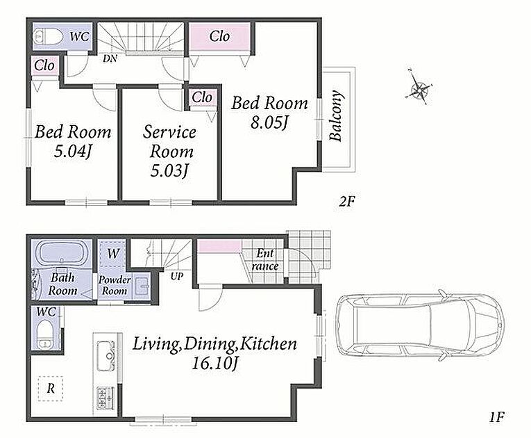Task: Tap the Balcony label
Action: tap(336, 115)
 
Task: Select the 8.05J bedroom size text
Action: tap(269, 122)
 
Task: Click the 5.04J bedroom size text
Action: tap(72, 152)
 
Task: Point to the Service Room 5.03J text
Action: tap(170, 151)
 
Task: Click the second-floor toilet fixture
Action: tap(48, 36)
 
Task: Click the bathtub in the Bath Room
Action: tap(62, 254)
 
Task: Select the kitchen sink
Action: tap(106, 356)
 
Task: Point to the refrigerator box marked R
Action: tap(51, 389)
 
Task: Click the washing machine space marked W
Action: tap(112, 254)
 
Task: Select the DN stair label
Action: tap(110, 58)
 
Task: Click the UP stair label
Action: tap(176, 276)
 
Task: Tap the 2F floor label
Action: tap(346, 202)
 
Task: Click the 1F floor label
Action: tap(497, 416)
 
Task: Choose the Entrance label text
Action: tap(265, 259)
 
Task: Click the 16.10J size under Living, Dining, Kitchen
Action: tap(215, 364)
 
